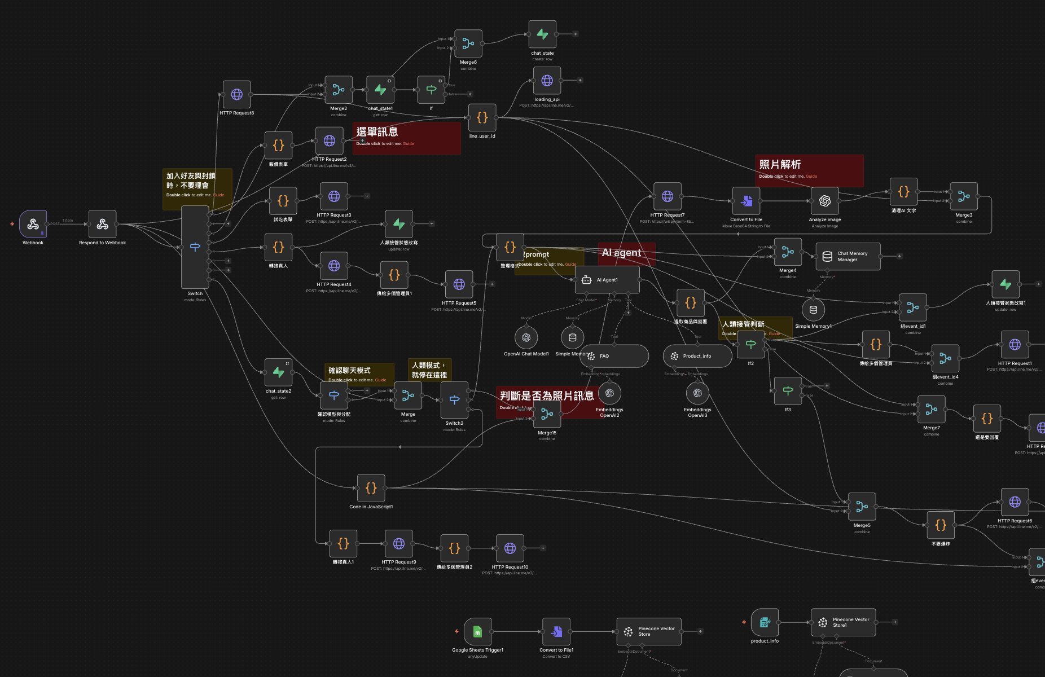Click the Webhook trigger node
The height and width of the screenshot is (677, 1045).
[33, 224]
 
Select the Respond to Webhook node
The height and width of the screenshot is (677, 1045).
[102, 224]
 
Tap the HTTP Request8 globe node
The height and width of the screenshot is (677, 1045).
[236, 94]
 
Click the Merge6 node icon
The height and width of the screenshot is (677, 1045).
[468, 43]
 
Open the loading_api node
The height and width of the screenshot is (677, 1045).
[547, 81]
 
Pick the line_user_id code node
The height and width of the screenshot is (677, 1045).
[482, 117]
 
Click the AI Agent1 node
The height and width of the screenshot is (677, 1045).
[607, 280]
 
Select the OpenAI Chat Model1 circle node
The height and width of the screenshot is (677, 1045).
[526, 337]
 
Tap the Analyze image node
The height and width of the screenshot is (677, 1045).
[824, 201]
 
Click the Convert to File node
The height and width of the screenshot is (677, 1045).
[746, 201]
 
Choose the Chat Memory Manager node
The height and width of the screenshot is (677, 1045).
[848, 257]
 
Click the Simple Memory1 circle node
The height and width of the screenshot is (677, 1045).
[813, 310]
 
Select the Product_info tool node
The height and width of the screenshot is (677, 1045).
[697, 356]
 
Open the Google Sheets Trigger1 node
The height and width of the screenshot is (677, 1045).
[477, 631]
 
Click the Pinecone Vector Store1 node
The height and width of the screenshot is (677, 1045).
[843, 622]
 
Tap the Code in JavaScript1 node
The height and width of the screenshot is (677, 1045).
[371, 488]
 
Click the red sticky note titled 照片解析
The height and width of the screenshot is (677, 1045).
[809, 170]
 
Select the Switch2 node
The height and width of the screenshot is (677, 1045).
[454, 400]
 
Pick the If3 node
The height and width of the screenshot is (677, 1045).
[788, 390]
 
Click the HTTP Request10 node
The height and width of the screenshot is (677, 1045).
[510, 548]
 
